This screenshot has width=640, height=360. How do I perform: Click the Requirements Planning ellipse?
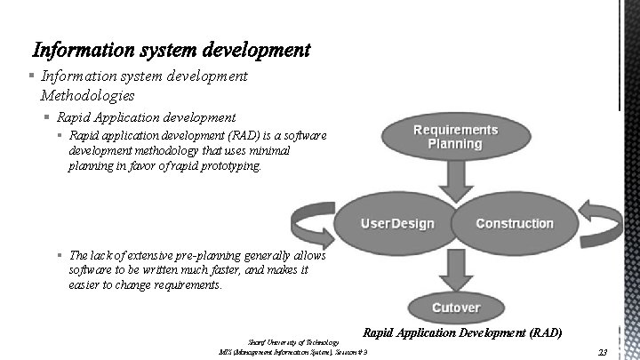click(x=454, y=137)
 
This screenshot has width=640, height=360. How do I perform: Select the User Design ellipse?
click(x=396, y=223)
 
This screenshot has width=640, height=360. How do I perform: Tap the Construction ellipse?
click(x=515, y=223)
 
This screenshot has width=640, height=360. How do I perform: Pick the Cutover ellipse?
click(x=455, y=308)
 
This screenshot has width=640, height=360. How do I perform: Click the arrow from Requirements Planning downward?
click(x=455, y=182)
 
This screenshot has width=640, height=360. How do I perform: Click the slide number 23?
click(x=603, y=353)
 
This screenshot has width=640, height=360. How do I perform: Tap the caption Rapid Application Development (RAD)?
click(x=462, y=333)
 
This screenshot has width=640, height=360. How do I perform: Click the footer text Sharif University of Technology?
click(x=292, y=342)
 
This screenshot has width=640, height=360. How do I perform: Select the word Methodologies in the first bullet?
click(x=88, y=94)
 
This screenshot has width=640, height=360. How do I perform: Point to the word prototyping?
click(x=233, y=164)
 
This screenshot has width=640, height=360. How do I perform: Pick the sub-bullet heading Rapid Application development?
click(x=146, y=116)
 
